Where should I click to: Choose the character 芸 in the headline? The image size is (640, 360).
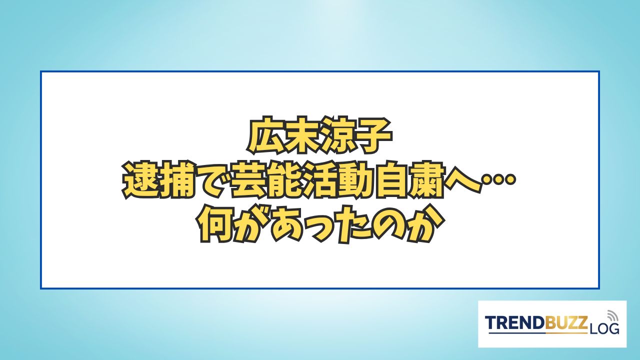[247, 180]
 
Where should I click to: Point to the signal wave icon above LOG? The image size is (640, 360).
[611, 316]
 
